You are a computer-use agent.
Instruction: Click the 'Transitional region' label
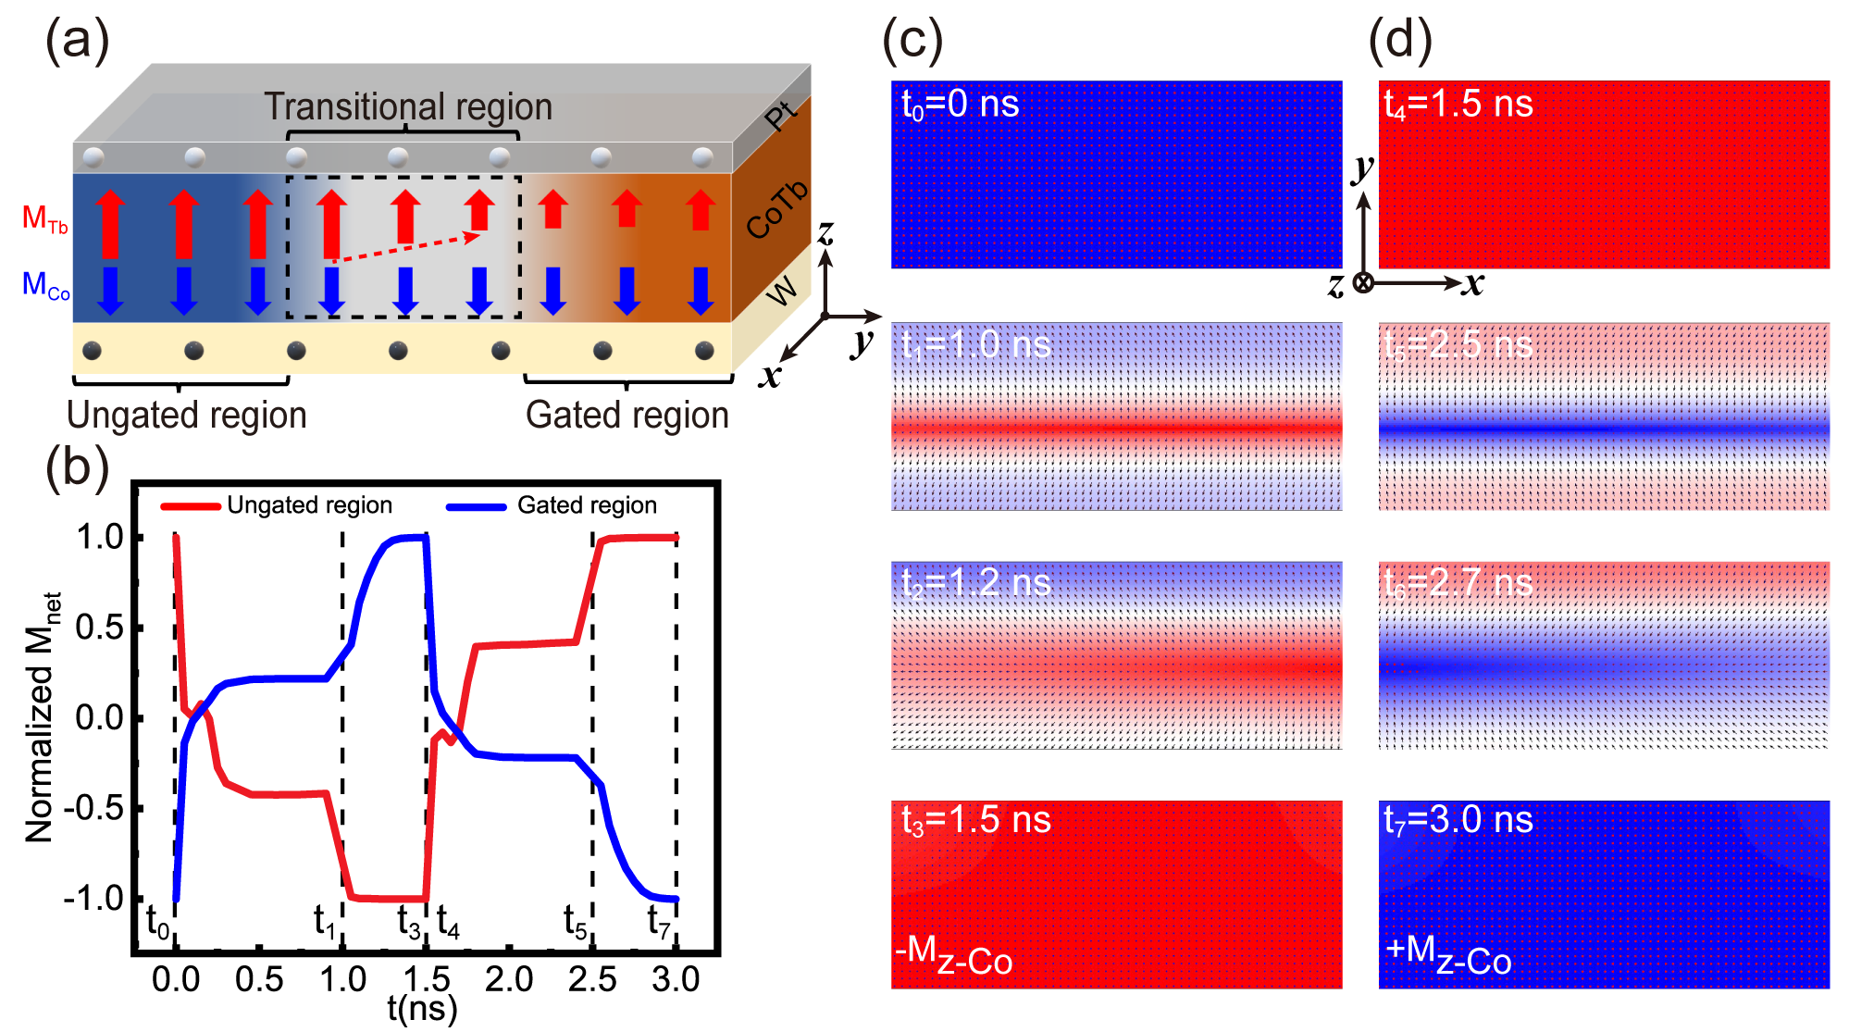(408, 107)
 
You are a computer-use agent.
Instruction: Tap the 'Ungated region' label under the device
(187, 416)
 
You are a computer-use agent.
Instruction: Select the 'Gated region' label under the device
(627, 416)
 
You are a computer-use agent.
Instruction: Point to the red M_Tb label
(44, 218)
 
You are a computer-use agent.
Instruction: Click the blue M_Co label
(45, 285)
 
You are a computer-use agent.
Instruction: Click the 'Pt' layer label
(780, 117)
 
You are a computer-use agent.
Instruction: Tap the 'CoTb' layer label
(776, 211)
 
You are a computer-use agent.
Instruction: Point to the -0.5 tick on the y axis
(93, 808)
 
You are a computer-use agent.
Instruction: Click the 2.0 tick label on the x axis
(509, 979)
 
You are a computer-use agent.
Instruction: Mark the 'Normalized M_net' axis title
(43, 717)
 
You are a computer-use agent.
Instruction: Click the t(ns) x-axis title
(422, 1008)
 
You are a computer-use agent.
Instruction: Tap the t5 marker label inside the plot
(576, 923)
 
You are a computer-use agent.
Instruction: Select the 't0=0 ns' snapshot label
(960, 105)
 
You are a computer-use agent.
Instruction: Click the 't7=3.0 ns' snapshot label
(1458, 821)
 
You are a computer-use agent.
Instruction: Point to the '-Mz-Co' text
(954, 956)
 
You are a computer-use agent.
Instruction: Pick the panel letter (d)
(1400, 41)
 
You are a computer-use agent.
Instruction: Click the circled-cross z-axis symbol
(1363, 283)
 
